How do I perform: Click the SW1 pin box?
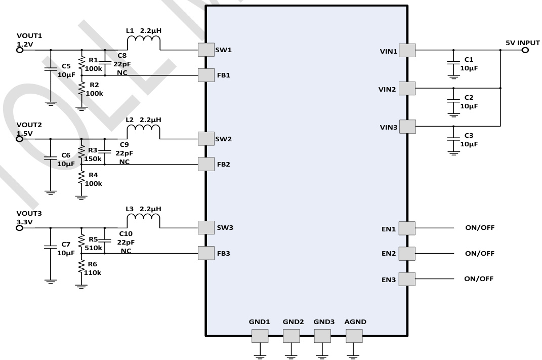(206, 50)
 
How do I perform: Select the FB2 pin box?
(206, 164)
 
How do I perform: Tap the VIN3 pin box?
(407, 127)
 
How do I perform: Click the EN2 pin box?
(407, 253)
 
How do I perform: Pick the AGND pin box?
(354, 336)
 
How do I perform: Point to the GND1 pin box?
(260, 336)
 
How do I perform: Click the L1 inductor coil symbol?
(144, 44)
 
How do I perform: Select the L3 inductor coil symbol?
(144, 222)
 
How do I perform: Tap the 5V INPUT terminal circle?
(525, 50)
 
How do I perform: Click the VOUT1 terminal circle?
(20, 50)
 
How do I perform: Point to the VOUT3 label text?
(29, 213)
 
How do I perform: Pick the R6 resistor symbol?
(81, 267)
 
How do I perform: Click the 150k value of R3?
(93, 158)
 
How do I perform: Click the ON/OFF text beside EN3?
(479, 278)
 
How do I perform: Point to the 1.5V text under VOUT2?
(25, 133)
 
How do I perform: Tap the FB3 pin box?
(206, 253)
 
